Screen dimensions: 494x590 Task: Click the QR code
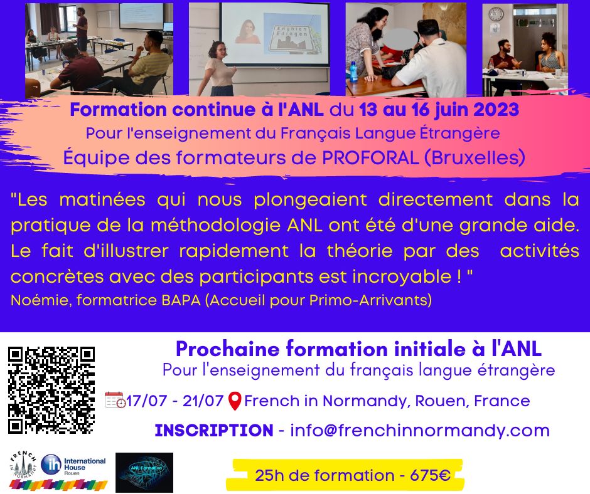51,389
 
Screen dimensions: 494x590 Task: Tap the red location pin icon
235,401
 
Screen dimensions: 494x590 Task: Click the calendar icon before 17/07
115,400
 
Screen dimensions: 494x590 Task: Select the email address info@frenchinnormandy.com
420,431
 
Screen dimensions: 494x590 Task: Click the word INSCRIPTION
213,431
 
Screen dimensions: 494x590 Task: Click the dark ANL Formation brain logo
144,471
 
